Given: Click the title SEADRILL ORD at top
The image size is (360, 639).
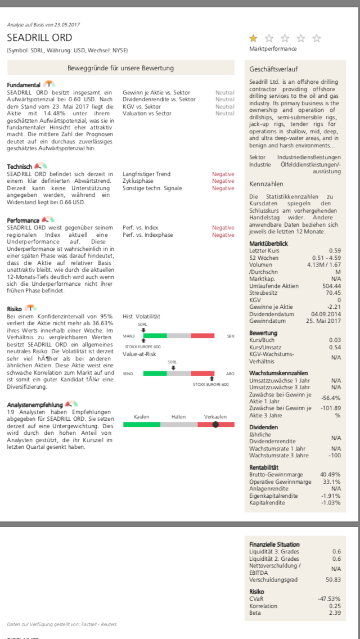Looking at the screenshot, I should click(x=39, y=38).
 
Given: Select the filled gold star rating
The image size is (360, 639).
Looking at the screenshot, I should click(x=253, y=38).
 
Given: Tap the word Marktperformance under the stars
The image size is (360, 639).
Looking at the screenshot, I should click(x=273, y=49).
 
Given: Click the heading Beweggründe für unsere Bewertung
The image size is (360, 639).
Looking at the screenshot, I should click(x=120, y=68).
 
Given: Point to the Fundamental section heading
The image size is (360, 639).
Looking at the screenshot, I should click(x=24, y=85).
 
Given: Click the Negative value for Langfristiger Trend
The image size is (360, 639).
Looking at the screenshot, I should click(x=223, y=174).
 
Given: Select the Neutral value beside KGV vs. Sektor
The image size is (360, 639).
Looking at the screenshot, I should click(x=224, y=106).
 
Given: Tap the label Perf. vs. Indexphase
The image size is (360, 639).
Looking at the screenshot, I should click(x=148, y=235).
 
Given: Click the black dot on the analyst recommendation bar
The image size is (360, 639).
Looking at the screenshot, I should click(x=215, y=424).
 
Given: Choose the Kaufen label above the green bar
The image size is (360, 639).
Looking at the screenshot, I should click(x=141, y=417).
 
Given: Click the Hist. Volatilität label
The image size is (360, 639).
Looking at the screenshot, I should click(x=141, y=317).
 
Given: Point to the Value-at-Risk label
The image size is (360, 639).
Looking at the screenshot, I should click(x=139, y=354).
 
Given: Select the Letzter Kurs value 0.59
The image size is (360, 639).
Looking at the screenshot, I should click(x=335, y=250).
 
